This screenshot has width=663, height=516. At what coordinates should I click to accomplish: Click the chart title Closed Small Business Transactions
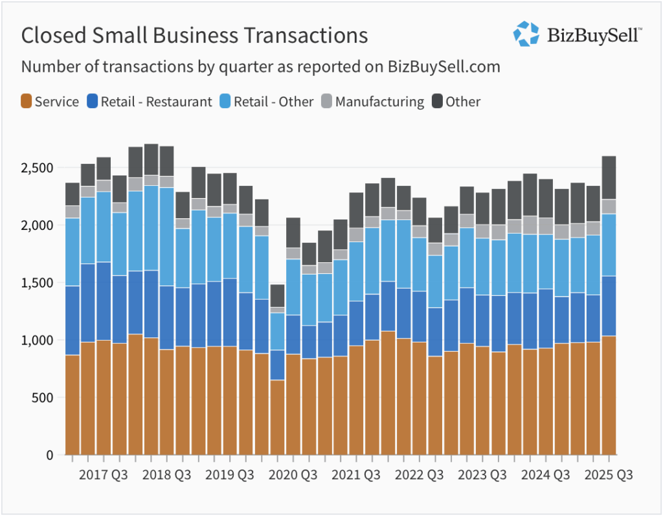pyautogui.click(x=194, y=36)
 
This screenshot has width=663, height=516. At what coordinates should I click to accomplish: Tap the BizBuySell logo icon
pyautogui.click(x=526, y=34)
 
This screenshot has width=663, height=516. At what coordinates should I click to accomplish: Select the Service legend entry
pyautogui.click(x=50, y=102)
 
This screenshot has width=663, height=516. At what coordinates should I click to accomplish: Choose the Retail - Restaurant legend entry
pyautogui.click(x=149, y=102)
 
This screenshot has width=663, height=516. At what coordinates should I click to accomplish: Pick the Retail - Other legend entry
pyautogui.click(x=265, y=102)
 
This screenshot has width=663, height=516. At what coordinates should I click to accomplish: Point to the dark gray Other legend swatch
pyautogui.click(x=437, y=102)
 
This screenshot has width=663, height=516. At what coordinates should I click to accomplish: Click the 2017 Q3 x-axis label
pyautogui.click(x=104, y=475)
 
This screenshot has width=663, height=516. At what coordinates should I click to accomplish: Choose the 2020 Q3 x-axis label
pyautogui.click(x=293, y=475)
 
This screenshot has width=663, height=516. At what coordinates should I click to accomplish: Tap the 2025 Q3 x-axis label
pyautogui.click(x=609, y=475)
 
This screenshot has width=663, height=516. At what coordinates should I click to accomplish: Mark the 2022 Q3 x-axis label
pyautogui.click(x=420, y=475)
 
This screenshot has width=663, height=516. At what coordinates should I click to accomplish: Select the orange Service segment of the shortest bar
pyautogui.click(x=277, y=418)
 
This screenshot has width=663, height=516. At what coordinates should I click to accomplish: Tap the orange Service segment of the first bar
pyautogui.click(x=72, y=405)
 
